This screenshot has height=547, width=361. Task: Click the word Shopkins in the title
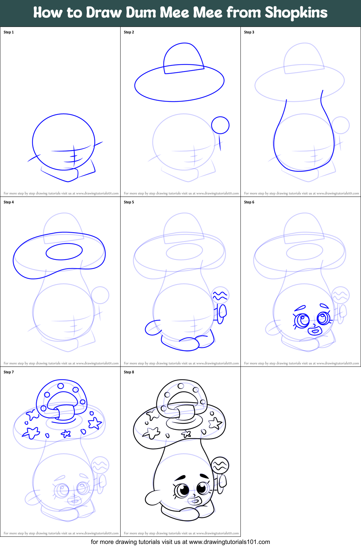click(296, 13)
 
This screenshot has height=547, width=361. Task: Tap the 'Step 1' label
click(9, 32)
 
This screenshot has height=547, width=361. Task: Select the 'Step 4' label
click(9, 202)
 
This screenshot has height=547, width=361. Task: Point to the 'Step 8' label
click(129, 372)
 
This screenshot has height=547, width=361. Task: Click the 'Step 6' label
click(249, 202)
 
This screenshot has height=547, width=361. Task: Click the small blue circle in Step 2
click(220, 125)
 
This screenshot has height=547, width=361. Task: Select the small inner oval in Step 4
click(64, 252)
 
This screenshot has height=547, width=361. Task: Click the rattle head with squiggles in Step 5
click(220, 295)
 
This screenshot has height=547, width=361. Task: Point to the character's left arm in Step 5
click(152, 328)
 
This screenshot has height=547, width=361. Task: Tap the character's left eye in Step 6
click(302, 320)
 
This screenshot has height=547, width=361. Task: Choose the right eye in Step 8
click(203, 489)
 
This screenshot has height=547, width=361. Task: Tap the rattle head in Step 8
click(220, 465)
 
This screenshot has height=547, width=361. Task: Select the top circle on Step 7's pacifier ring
click(61, 386)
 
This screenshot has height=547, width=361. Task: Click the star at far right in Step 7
click(95, 423)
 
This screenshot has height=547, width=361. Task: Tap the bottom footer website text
click(180, 542)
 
